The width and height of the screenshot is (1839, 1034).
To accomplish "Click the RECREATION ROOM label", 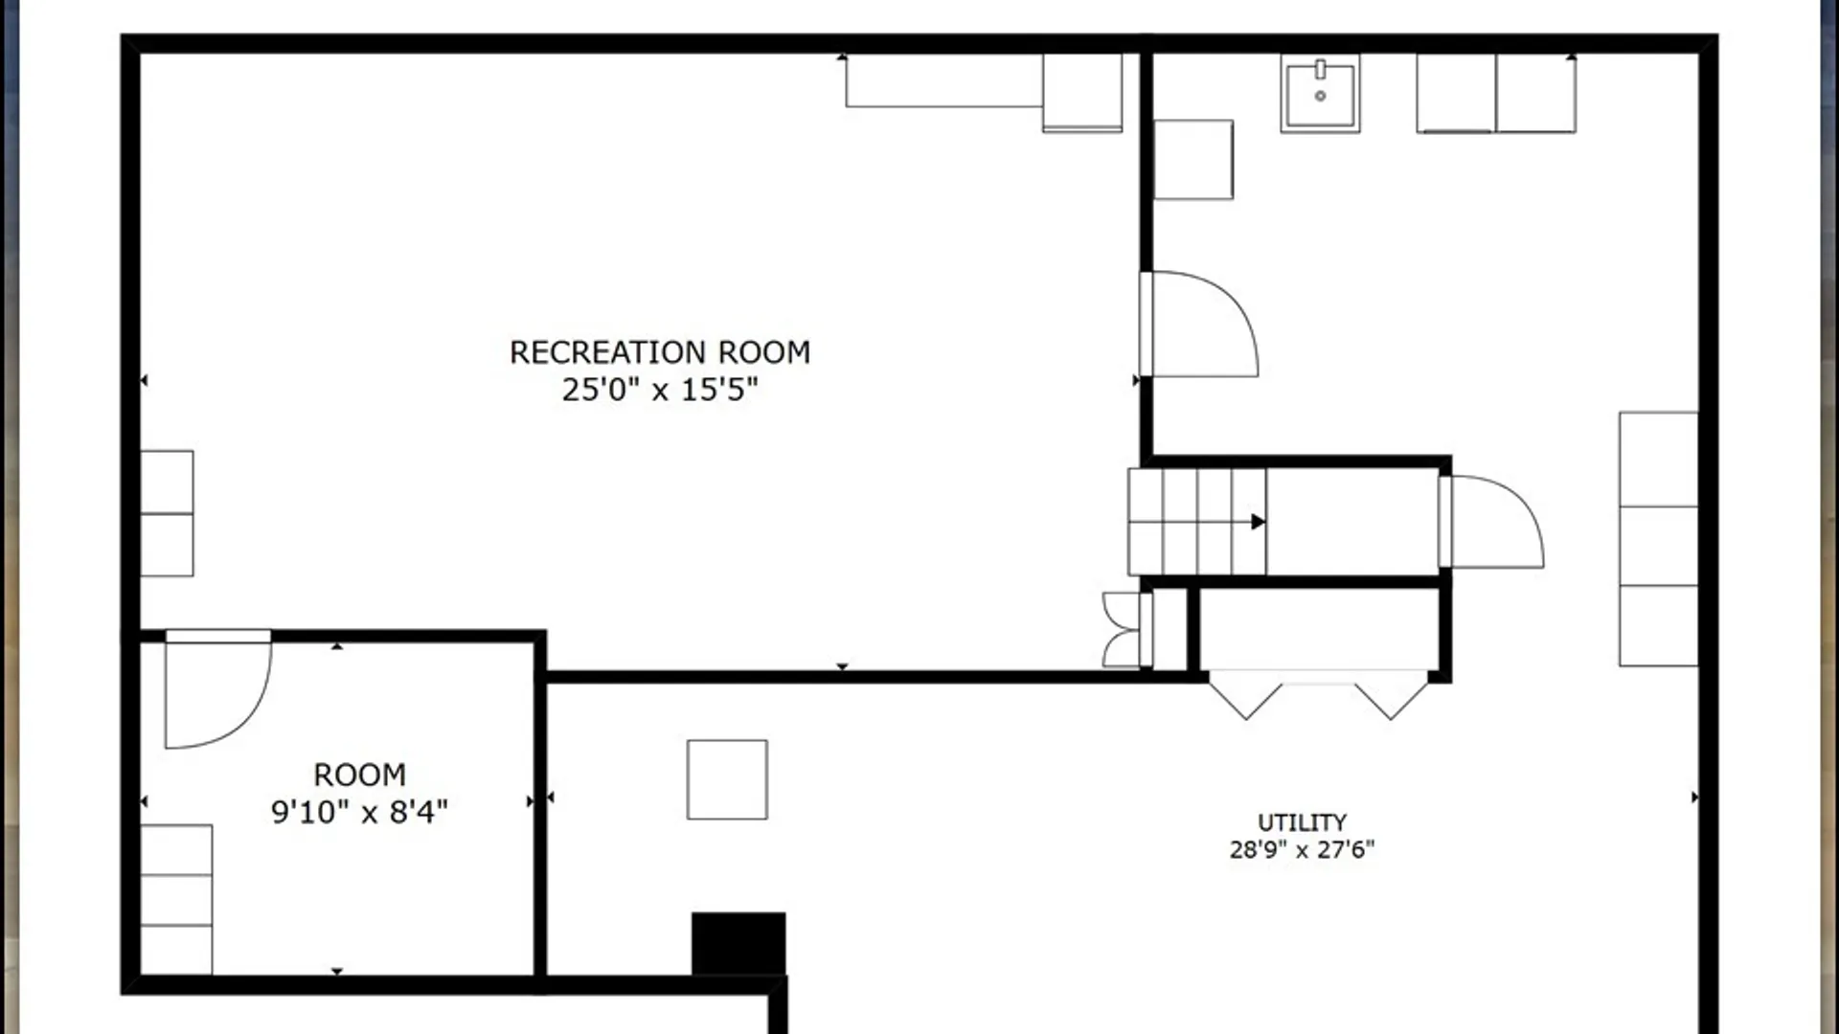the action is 660,352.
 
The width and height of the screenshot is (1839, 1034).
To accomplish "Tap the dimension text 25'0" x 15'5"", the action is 660,390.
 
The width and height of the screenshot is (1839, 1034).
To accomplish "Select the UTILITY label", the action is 1302,822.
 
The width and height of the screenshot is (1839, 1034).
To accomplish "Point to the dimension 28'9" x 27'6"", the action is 1302,849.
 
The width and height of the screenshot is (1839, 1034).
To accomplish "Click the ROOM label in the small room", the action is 359,775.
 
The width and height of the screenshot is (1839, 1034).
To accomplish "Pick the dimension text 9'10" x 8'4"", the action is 359,812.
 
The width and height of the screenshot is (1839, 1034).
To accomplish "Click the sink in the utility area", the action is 1320,93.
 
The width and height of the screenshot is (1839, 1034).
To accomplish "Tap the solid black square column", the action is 738,944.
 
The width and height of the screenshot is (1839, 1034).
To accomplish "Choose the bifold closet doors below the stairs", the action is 1319,694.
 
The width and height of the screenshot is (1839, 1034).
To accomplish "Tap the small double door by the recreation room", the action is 1122,629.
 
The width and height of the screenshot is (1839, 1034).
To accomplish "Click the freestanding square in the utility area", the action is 727,779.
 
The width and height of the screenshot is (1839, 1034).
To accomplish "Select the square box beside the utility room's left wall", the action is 1193,160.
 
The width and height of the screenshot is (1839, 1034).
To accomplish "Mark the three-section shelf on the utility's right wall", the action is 1658,539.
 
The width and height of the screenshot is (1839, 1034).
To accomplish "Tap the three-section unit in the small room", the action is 176,900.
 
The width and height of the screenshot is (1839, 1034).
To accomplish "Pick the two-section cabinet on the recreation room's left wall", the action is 167,513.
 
